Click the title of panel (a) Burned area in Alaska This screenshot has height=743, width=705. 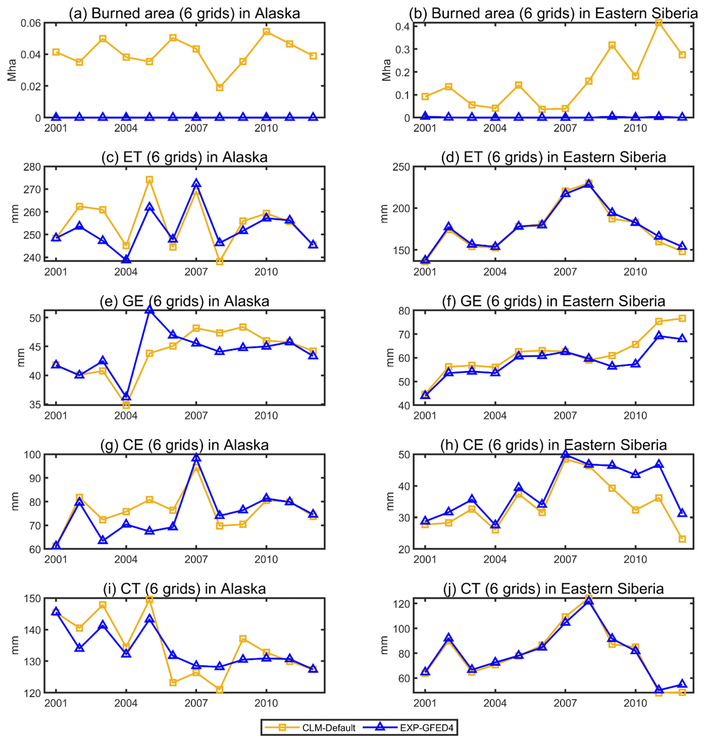click(184, 13)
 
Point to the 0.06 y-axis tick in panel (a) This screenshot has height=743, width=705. click(31, 23)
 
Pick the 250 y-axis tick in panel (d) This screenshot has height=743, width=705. click(401, 167)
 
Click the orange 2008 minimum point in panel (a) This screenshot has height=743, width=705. click(219, 87)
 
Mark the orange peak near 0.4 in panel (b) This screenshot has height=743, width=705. click(658, 23)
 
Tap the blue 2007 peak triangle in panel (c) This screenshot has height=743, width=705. click(196, 183)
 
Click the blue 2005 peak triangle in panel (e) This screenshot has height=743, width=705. click(149, 310)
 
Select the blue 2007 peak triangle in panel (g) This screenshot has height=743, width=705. click(196, 458)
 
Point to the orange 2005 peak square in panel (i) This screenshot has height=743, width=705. click(149, 599)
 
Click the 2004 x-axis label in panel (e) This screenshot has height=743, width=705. click(126, 415)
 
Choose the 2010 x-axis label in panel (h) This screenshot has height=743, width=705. click(635, 560)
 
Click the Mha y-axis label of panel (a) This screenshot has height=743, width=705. click(12, 70)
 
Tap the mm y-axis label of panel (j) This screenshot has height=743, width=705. click(384, 645)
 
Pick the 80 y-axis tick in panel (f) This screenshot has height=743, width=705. click(403, 310)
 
